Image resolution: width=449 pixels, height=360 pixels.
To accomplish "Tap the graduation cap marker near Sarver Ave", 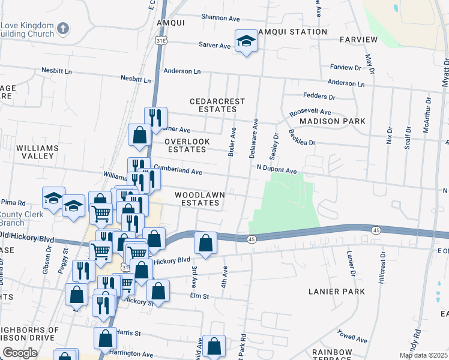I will point(246,41).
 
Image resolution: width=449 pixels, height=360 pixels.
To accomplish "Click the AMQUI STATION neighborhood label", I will point(292,31).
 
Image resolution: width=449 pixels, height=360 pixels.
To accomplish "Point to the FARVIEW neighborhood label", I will point(358,40).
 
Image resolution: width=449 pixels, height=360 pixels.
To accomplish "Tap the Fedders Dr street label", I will point(319,96).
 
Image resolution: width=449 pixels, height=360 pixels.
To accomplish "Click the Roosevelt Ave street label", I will point(310,112).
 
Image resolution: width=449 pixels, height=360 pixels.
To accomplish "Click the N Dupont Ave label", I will point(277,170).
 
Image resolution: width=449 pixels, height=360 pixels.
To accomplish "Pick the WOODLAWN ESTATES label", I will point(197,199).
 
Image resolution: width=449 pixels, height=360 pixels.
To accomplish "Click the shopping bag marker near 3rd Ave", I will point(205,244).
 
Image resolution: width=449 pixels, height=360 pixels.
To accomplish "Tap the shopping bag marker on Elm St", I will point(158,292).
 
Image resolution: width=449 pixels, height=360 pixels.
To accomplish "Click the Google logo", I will point(20,353).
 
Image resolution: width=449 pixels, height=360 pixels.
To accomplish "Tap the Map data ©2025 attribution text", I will point(423,355).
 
